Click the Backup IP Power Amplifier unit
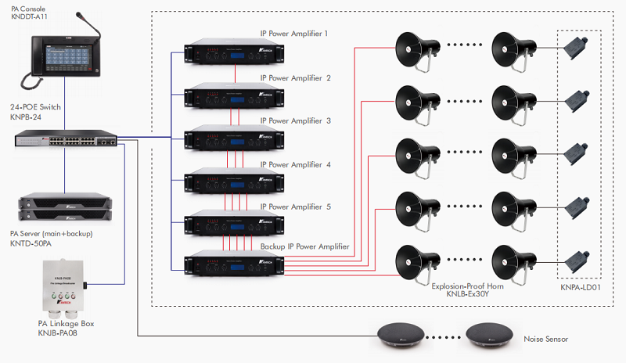pos(222,265)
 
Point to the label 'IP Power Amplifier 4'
pos(296,165)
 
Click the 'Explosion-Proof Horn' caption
pos(468,286)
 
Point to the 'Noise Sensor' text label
pos(545,340)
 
